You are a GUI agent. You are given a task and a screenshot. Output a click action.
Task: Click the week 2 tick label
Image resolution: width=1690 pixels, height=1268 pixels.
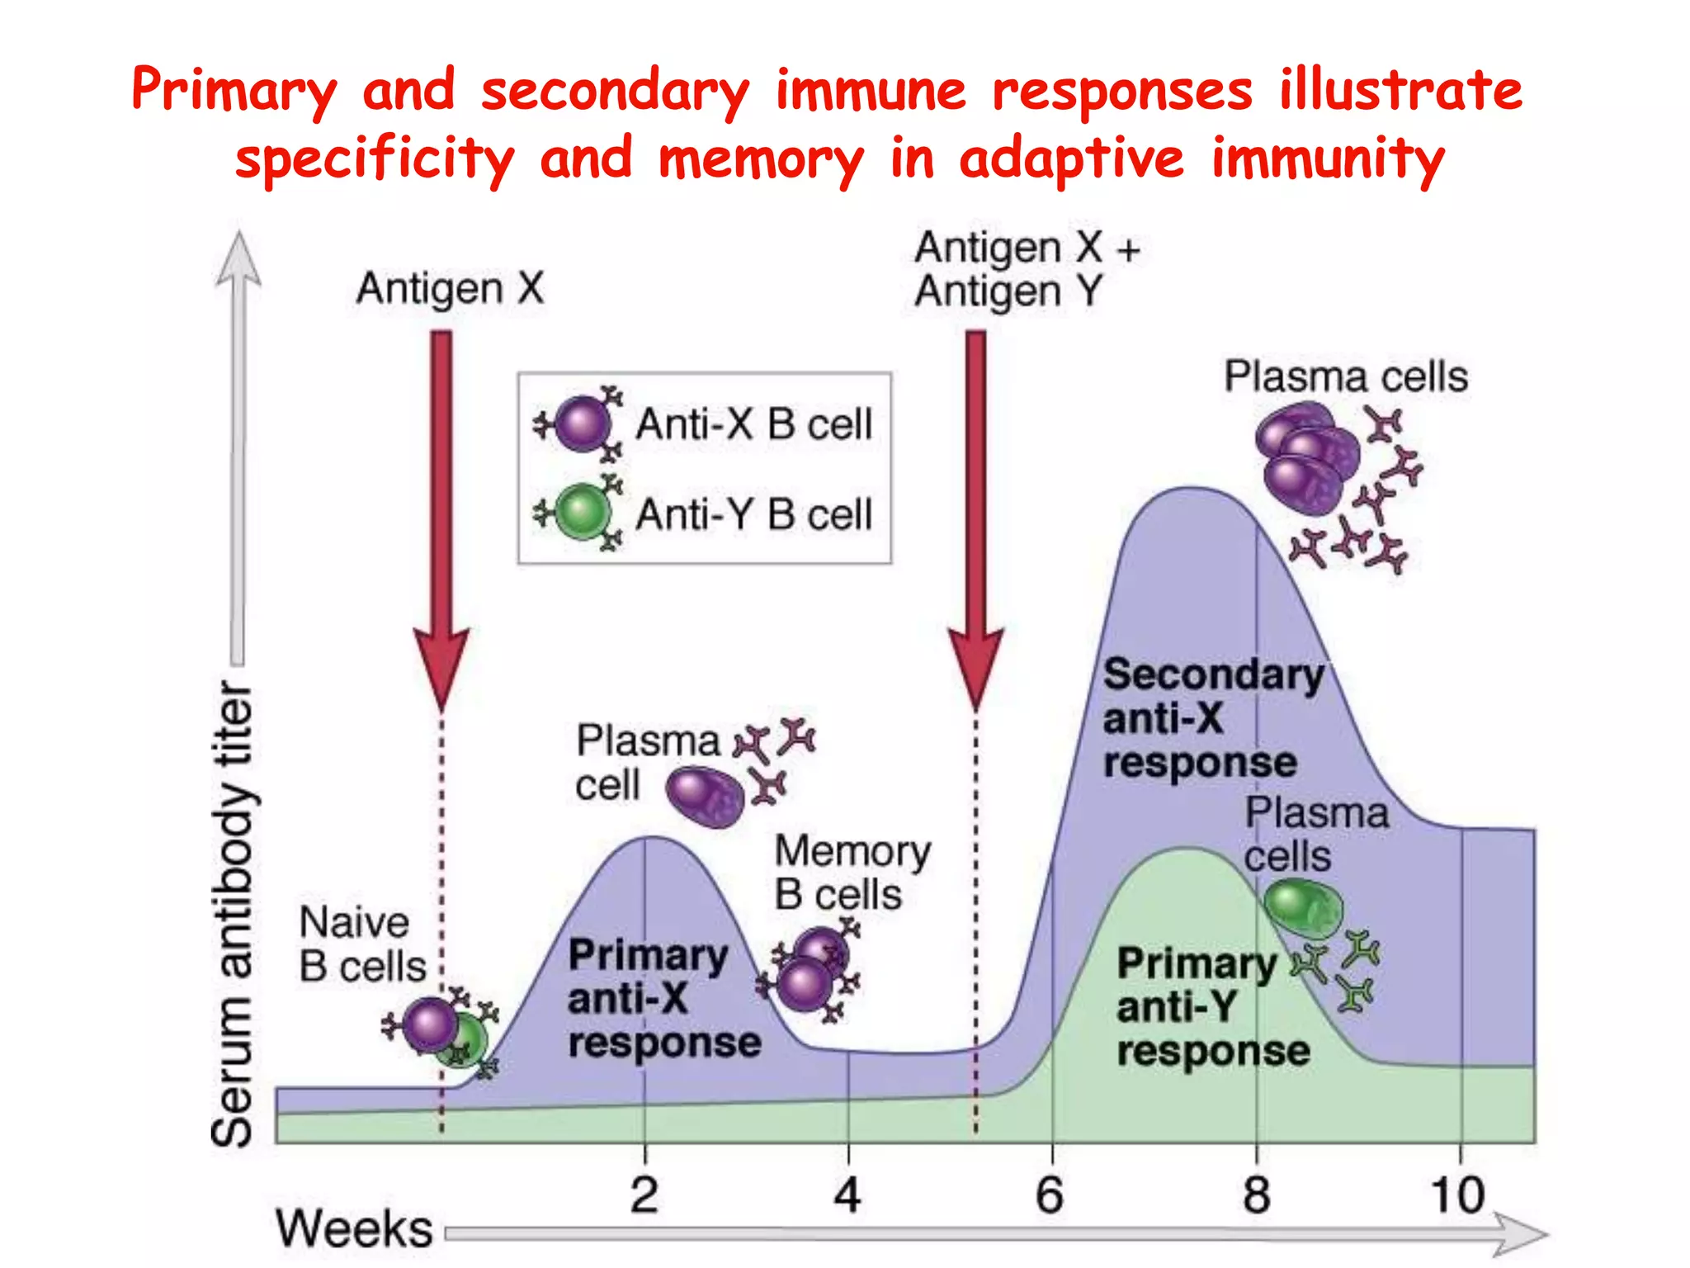644,1195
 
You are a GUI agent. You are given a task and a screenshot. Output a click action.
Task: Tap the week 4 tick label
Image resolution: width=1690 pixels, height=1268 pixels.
847,1195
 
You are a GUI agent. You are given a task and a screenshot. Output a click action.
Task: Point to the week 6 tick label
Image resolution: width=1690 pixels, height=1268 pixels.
1050,1195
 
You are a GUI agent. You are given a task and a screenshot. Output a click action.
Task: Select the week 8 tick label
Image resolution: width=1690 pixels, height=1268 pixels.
1256,1195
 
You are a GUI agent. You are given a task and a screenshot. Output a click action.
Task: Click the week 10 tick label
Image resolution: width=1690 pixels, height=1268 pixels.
1457,1195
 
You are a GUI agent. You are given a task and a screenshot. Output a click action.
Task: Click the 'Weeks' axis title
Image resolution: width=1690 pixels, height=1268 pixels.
354,1228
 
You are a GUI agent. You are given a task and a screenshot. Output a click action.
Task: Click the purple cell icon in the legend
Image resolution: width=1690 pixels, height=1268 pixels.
582,423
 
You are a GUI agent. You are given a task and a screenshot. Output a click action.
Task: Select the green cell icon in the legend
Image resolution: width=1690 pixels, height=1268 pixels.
582,512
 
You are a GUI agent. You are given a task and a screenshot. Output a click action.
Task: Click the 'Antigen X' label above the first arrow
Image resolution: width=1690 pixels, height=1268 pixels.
451,289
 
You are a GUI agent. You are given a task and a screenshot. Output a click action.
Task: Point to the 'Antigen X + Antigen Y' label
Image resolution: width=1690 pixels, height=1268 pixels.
1026,269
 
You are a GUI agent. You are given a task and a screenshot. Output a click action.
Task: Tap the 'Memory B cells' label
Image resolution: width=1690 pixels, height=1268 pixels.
852,873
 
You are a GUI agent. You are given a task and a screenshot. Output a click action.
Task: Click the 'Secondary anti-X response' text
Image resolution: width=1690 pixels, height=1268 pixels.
1211,717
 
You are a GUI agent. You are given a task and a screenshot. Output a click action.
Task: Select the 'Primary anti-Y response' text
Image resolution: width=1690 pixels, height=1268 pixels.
1211,1006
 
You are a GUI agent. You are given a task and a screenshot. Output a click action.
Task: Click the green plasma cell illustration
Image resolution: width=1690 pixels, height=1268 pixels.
1303,908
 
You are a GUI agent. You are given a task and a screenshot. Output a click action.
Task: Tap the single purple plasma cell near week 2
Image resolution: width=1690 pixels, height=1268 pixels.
705,797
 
